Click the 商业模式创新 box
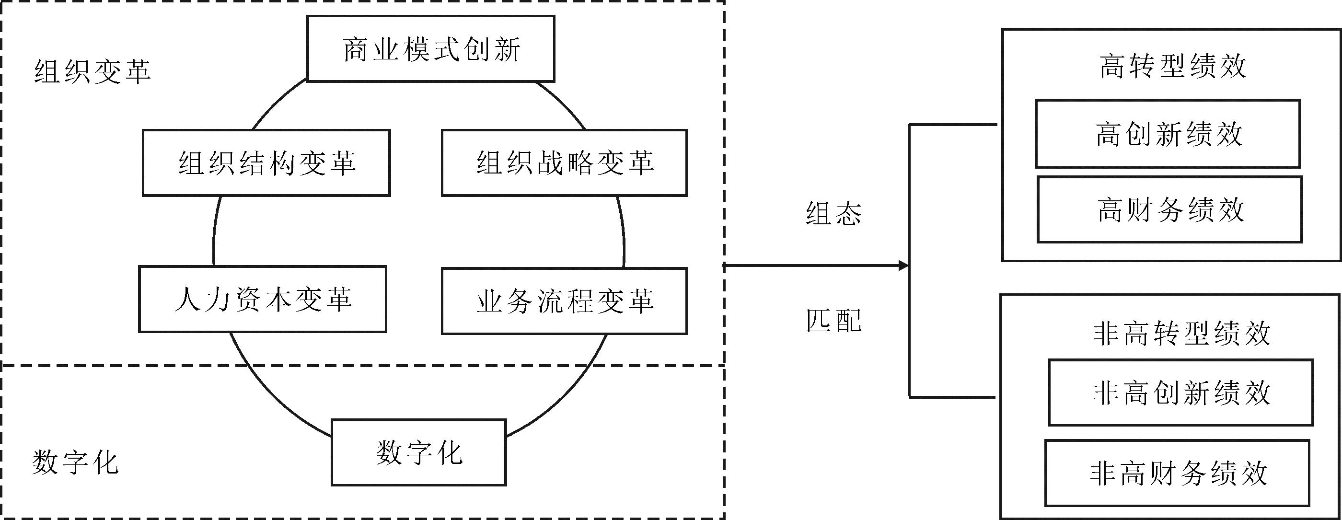click(x=431, y=49)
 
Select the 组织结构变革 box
click(x=266, y=163)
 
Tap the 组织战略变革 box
click(x=564, y=163)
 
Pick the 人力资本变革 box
click(x=263, y=300)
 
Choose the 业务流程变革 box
click(x=564, y=301)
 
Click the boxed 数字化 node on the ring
click(x=419, y=453)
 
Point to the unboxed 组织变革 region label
click(x=92, y=72)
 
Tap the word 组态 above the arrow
click(x=833, y=214)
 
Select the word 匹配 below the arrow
click(x=833, y=321)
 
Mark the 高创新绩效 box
click(x=1168, y=134)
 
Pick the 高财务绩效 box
click(x=1169, y=210)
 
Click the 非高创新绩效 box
click(x=1180, y=393)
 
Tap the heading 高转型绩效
click(x=1172, y=67)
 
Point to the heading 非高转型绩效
click(x=1181, y=334)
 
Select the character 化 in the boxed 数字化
click(x=450, y=453)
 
